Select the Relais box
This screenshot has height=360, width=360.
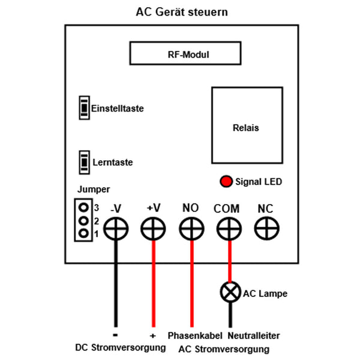[246, 127]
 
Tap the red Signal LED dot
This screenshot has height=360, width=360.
[226, 181]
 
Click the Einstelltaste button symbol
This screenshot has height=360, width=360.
[83, 108]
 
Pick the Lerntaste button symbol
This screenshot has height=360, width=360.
[83, 162]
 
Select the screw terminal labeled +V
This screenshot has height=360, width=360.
[153, 229]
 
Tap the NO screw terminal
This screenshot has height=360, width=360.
[191, 229]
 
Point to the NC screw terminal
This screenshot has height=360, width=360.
[266, 229]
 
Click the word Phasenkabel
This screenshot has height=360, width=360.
[195, 335]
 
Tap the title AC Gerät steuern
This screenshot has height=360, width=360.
[182, 12]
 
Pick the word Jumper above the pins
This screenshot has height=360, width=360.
[94, 189]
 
